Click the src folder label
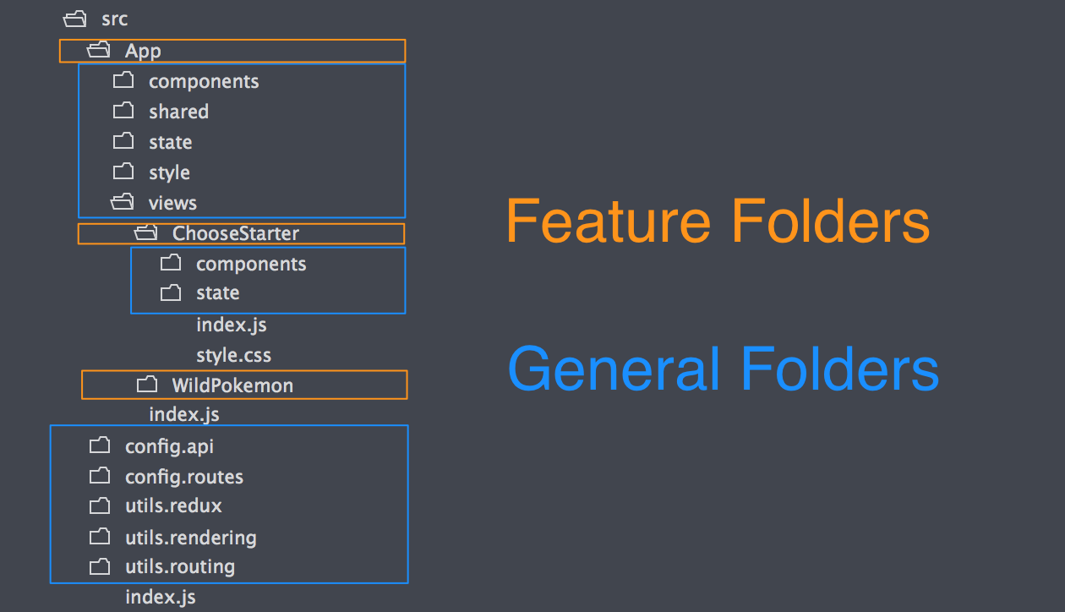[x=114, y=19]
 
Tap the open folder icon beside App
[x=99, y=51]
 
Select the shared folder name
[x=178, y=112]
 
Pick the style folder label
[x=169, y=172]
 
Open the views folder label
[x=172, y=203]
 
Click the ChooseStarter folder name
[x=236, y=233]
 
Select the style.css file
[x=233, y=355]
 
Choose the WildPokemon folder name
[x=232, y=385]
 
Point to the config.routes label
[x=183, y=477]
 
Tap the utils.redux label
[x=173, y=506]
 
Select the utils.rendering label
[x=190, y=537]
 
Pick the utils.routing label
[x=179, y=566]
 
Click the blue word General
[x=614, y=369]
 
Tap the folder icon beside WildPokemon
[x=147, y=385]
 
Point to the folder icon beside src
[x=75, y=19]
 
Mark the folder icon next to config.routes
[x=100, y=476]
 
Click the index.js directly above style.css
[x=231, y=325]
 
